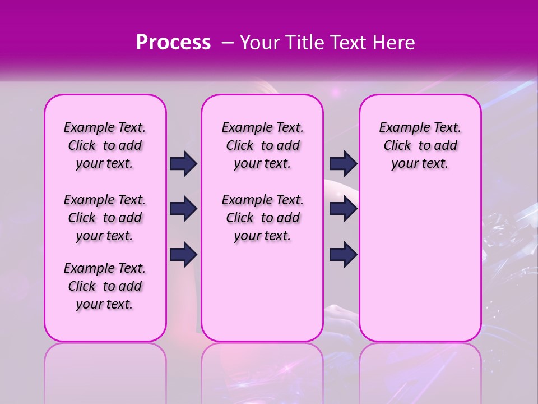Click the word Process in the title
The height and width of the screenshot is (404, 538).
point(173,43)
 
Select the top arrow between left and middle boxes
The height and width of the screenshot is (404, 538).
point(183,163)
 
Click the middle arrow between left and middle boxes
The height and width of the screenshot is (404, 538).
point(183,209)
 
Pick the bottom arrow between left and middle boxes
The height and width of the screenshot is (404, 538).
point(183,254)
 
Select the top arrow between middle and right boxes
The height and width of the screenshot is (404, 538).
point(343,163)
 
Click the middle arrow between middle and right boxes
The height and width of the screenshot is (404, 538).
point(343,209)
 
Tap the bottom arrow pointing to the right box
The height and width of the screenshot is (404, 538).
point(343,254)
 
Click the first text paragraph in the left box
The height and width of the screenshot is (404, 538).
point(105,145)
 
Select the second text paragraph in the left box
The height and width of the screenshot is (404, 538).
point(105,218)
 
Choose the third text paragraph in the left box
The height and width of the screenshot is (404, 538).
point(105,286)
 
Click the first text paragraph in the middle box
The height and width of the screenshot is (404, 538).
point(262,145)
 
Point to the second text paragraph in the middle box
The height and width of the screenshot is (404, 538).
point(262,218)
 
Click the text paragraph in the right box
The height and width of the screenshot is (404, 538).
point(420,145)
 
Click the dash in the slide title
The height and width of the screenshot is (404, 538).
point(228,43)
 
